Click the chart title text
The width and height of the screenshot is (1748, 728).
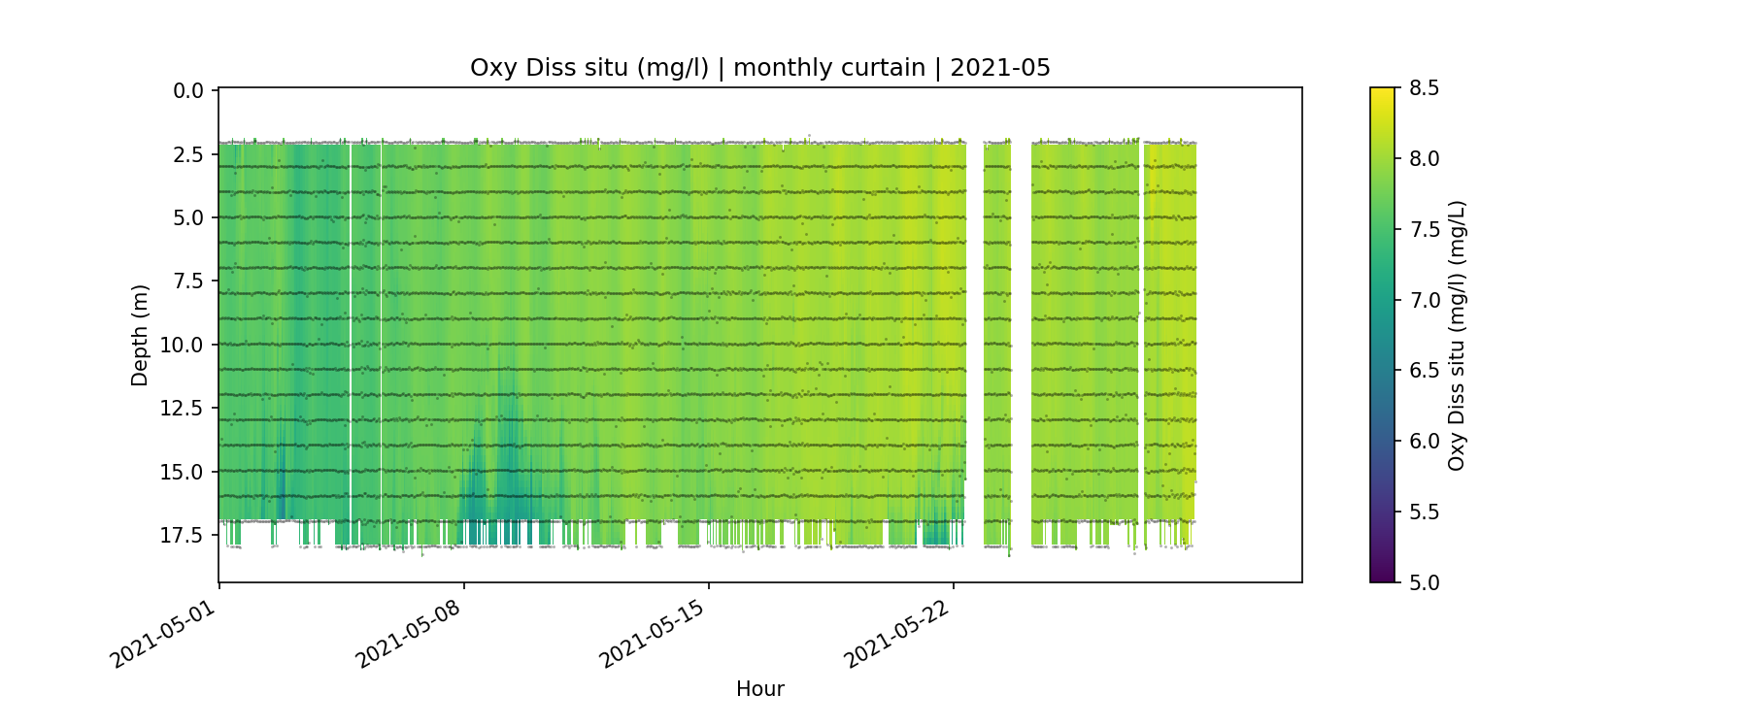click(x=759, y=68)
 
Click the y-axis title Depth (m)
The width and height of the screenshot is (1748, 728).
click(x=141, y=336)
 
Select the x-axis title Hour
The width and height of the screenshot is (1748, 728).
click(x=759, y=689)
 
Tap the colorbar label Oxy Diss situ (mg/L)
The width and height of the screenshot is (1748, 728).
click(x=1457, y=336)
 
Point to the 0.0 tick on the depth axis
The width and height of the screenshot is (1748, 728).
click(x=188, y=91)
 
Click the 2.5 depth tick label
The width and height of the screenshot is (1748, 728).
click(x=188, y=154)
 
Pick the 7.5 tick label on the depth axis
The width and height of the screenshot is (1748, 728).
click(x=188, y=281)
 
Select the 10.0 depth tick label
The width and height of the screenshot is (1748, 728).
click(x=184, y=346)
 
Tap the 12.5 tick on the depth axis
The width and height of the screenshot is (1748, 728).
click(x=184, y=409)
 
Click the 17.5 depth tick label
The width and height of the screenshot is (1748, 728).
click(x=184, y=536)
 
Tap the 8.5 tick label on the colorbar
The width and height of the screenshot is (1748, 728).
click(x=1424, y=88)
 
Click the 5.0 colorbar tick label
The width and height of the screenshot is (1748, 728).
click(x=1424, y=582)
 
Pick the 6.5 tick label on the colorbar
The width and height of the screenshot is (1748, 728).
click(x=1424, y=371)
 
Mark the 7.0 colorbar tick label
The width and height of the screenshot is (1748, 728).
click(x=1424, y=300)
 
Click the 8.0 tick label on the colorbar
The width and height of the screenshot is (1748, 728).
click(x=1424, y=159)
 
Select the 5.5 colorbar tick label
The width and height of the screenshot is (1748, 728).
click(x=1424, y=512)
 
